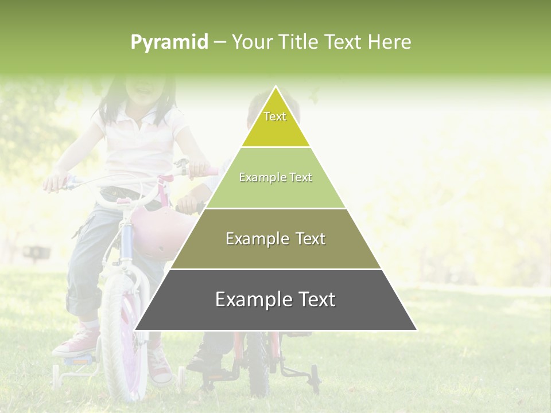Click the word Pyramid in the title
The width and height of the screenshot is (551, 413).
tap(169, 42)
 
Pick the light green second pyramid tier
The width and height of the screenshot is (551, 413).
tap(275, 178)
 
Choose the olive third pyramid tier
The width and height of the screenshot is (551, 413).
tap(275, 239)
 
